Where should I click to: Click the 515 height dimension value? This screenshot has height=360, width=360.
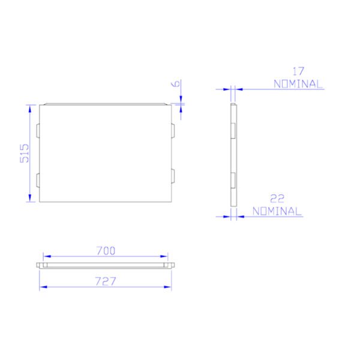coord(25,154)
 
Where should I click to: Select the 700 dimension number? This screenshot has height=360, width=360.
coord(106,251)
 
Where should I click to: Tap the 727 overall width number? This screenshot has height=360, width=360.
coord(106,281)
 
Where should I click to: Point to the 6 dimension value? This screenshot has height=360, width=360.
coord(176,83)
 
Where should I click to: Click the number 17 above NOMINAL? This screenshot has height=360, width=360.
coord(298,71)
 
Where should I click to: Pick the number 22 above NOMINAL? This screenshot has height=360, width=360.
coord(277,199)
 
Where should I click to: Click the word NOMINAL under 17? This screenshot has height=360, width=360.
coord(298,84)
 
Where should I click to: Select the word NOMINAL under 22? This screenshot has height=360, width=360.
coord(277,211)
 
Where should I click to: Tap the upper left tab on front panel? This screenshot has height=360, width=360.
coord(38,131)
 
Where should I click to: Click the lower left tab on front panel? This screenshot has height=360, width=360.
coord(38,181)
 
